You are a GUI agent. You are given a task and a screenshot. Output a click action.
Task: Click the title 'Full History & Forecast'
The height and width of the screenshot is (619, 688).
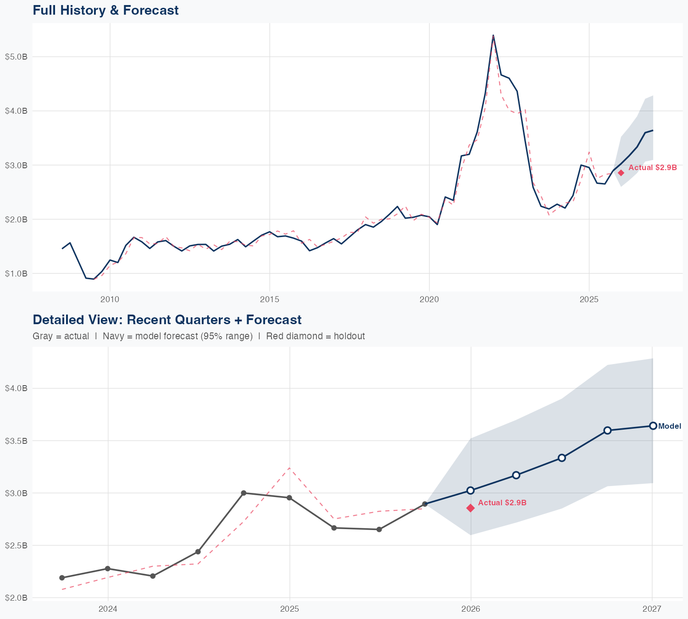105,10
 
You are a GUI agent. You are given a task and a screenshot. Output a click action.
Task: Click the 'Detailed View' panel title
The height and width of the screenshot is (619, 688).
167,320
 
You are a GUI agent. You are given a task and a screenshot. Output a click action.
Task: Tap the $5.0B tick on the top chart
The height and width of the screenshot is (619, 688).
16,57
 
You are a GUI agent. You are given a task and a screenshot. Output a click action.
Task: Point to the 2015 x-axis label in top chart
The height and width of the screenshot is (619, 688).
269,299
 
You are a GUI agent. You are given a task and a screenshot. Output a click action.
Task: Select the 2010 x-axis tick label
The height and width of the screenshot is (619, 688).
110,299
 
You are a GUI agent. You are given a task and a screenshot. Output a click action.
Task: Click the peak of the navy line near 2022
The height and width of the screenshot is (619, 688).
493,35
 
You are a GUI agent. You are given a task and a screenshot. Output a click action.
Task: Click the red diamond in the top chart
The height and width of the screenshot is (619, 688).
621,173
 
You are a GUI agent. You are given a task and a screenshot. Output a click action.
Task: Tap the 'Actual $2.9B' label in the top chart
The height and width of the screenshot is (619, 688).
652,168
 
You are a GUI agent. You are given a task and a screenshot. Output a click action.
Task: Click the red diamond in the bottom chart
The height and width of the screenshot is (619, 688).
471,508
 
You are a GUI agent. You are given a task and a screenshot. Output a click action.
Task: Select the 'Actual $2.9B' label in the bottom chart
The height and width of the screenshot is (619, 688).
502,503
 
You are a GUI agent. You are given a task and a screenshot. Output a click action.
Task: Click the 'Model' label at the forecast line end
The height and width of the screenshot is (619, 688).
670,426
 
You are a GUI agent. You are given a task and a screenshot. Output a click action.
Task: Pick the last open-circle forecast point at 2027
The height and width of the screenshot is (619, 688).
653,426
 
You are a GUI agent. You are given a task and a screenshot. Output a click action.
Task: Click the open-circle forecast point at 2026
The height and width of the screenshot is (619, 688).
471,491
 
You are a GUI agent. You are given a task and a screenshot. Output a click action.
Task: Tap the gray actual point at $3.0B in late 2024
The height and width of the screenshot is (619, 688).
244,493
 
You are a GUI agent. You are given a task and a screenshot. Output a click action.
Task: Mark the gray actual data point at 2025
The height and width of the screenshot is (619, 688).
289,498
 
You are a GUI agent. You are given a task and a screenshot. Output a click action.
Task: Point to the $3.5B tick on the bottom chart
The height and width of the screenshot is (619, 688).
16,441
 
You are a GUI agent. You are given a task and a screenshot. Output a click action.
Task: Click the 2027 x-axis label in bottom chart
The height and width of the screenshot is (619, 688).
652,609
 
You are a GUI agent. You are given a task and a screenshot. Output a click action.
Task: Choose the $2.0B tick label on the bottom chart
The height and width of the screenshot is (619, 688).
16,598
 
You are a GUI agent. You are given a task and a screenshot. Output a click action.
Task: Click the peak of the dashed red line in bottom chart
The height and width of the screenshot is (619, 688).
289,468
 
